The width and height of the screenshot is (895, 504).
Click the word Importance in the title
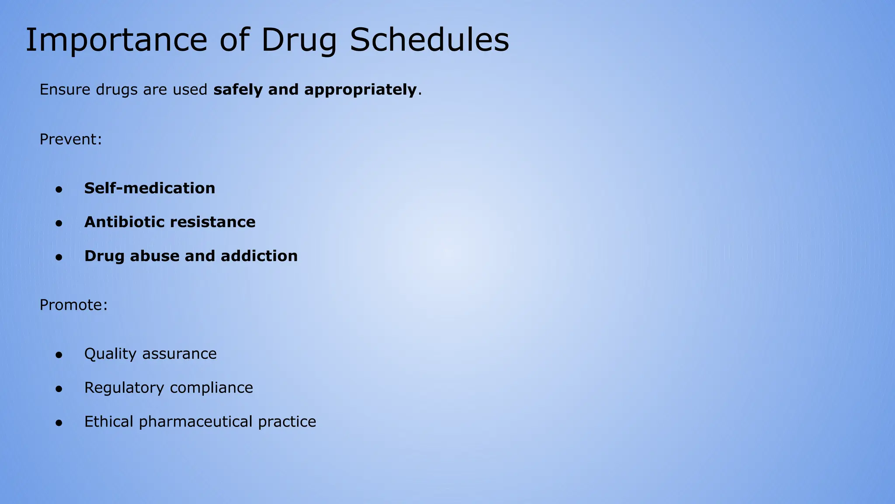click(x=116, y=40)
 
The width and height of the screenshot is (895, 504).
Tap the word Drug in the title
click(x=299, y=40)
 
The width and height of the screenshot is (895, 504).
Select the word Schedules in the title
click(x=429, y=40)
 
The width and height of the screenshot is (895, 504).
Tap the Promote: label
click(x=73, y=305)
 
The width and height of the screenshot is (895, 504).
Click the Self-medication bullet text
click(x=149, y=188)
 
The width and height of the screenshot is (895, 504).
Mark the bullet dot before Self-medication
click(x=59, y=189)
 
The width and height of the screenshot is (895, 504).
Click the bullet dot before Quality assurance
click(x=59, y=355)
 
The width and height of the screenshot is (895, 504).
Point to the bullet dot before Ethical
click(x=59, y=423)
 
